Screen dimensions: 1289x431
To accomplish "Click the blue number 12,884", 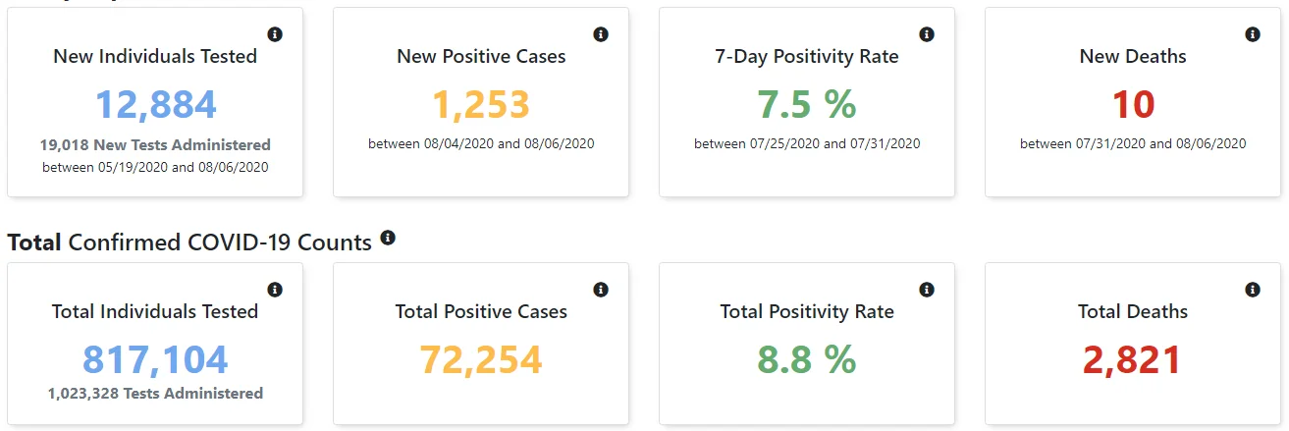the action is tap(155, 105).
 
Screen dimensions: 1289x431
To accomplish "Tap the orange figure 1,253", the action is tap(481, 105).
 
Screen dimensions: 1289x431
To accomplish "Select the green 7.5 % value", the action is tap(807, 104).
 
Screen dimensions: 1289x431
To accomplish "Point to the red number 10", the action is tap(1133, 104).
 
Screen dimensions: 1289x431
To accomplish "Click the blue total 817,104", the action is tap(155, 360).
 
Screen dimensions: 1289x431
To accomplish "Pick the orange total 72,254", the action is tap(481, 360).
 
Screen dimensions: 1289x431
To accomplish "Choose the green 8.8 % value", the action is tap(807, 359).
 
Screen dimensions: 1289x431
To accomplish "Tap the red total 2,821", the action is tap(1132, 360).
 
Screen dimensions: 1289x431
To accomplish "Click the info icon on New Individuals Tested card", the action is tap(275, 34).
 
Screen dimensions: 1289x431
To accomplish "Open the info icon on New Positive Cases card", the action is tap(601, 34).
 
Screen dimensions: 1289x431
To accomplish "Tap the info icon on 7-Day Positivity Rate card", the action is tap(927, 34).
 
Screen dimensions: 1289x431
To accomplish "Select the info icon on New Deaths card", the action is tap(1253, 34).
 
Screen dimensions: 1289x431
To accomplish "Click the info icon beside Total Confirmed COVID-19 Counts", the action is tap(388, 238).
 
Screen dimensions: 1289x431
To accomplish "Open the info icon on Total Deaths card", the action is tap(1253, 290).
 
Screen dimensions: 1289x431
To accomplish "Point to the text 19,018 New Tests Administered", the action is tap(155, 145).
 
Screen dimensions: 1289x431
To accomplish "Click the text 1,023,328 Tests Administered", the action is tap(155, 394).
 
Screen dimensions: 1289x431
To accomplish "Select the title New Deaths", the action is tap(1133, 56).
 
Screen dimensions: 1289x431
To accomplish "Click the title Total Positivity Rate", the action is tap(807, 312).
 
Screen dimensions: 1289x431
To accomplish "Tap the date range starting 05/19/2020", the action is tap(155, 168).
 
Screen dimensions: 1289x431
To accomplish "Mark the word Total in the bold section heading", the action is tap(34, 242).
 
